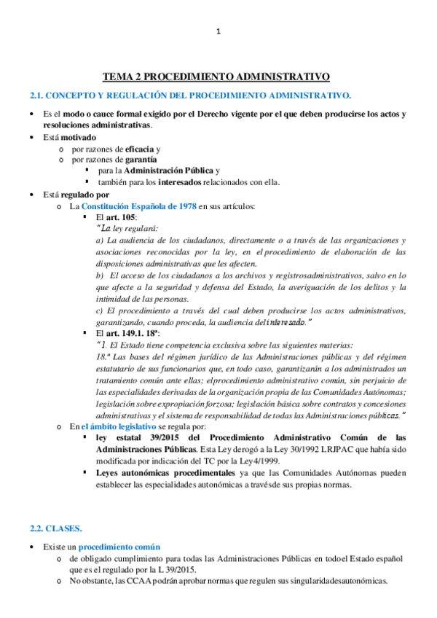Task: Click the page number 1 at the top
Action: [x=219, y=31]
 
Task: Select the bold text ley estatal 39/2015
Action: [x=136, y=437]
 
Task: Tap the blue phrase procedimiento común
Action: [x=120, y=547]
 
